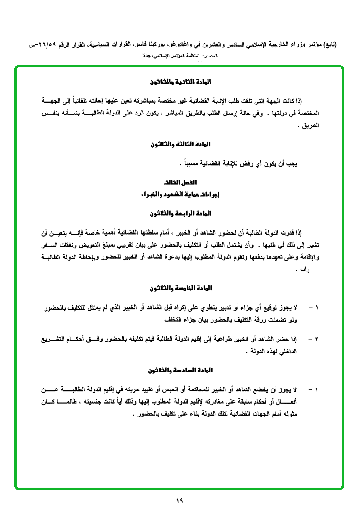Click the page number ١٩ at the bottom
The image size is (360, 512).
click(180, 500)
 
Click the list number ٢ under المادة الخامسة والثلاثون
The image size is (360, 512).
click(316, 339)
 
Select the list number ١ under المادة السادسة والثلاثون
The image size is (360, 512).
click(316, 390)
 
